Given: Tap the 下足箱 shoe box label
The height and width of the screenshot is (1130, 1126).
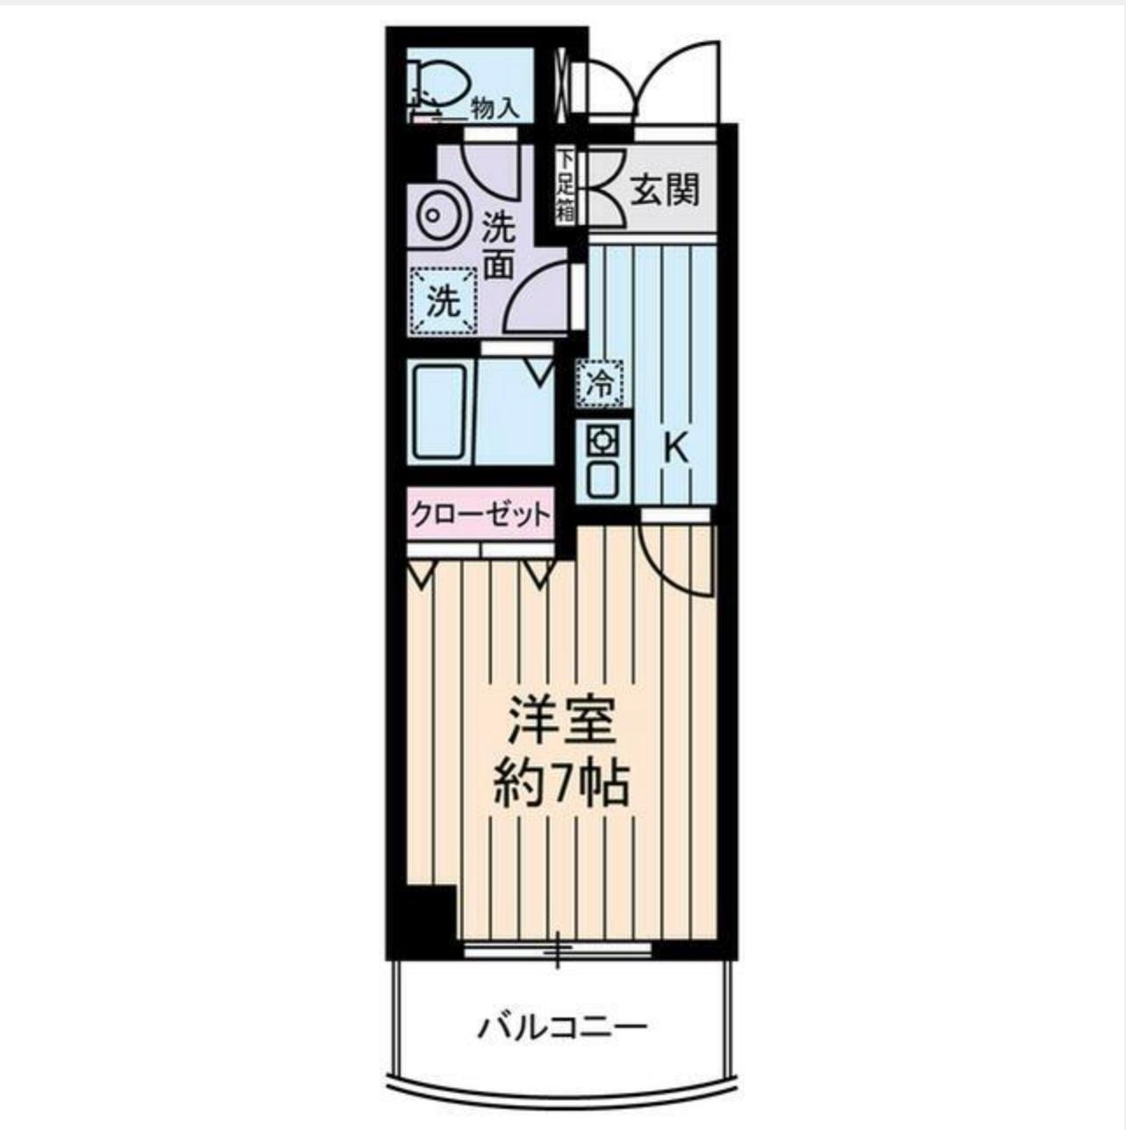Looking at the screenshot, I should pyautogui.click(x=565, y=185).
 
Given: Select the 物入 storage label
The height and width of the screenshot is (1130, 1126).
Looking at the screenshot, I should pyautogui.click(x=494, y=108).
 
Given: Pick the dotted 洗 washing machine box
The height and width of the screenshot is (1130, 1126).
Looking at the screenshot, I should pyautogui.click(x=444, y=301).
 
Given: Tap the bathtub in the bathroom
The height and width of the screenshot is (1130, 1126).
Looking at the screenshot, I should pyautogui.click(x=438, y=411).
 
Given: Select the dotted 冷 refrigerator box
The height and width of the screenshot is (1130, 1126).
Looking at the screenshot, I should pyautogui.click(x=601, y=383).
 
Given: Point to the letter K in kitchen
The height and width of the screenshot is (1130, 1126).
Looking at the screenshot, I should pyautogui.click(x=675, y=450).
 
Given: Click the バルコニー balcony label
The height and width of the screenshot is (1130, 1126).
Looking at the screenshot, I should pyautogui.click(x=562, y=1026).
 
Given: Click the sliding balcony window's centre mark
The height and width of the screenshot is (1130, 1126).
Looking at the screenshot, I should pyautogui.click(x=557, y=950).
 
